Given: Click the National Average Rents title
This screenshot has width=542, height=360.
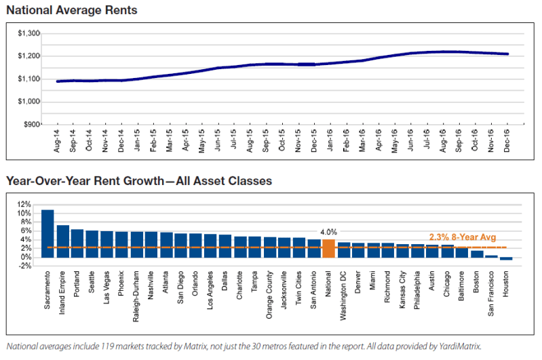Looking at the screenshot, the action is pos(72,10).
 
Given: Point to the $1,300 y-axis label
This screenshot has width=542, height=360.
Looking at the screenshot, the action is pos(29,33).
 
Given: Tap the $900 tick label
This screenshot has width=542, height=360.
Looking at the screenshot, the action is pos(32,124).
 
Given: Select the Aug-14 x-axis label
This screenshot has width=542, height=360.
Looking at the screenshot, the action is pos(57,140).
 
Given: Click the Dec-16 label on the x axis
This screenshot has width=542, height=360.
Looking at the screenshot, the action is pos(507,140).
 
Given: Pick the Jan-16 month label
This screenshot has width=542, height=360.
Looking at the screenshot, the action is pos(330,140).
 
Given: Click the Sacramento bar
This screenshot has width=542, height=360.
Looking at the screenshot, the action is pos(47,233).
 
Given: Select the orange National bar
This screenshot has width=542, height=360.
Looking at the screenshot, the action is pos(328,248).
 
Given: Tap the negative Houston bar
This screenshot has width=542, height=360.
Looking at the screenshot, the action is pos(506,259).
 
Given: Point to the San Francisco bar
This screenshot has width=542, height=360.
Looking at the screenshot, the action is pos(491,256).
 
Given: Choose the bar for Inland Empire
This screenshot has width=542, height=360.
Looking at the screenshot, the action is pos(63,241).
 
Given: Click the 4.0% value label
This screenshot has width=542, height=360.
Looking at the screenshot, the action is pos(328,232).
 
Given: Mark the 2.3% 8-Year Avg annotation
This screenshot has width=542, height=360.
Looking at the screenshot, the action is pos(463,237).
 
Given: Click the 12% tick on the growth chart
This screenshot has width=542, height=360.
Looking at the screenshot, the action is pos(24,205).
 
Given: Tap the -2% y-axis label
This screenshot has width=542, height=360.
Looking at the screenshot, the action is pos(24,266).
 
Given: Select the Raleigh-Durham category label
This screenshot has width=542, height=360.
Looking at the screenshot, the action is pos(136,296).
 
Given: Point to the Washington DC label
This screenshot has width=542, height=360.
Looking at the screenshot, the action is pos(343,296).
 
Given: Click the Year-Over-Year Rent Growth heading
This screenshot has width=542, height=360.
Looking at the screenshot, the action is pos(85,181).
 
